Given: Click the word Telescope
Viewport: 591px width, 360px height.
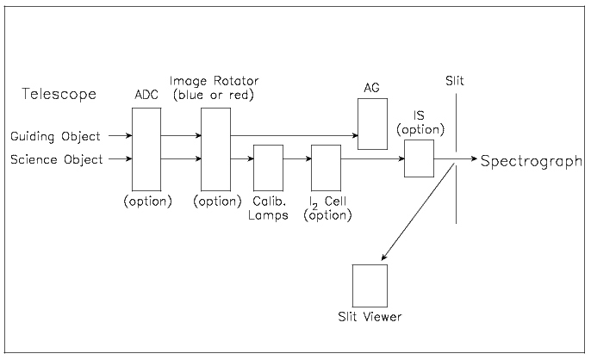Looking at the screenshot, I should (59, 93).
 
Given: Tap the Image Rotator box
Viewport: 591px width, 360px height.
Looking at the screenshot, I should (215, 147).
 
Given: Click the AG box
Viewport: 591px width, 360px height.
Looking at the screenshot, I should (373, 123).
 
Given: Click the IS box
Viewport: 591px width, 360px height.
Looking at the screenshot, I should (419, 158).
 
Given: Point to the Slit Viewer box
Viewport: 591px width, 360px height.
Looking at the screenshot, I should (370, 286).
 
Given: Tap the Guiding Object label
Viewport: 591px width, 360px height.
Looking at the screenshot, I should (55, 136).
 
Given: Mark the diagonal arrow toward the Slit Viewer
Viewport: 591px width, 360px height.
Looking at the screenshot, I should (417, 212).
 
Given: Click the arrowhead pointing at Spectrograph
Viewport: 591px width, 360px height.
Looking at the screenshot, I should (471, 158).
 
